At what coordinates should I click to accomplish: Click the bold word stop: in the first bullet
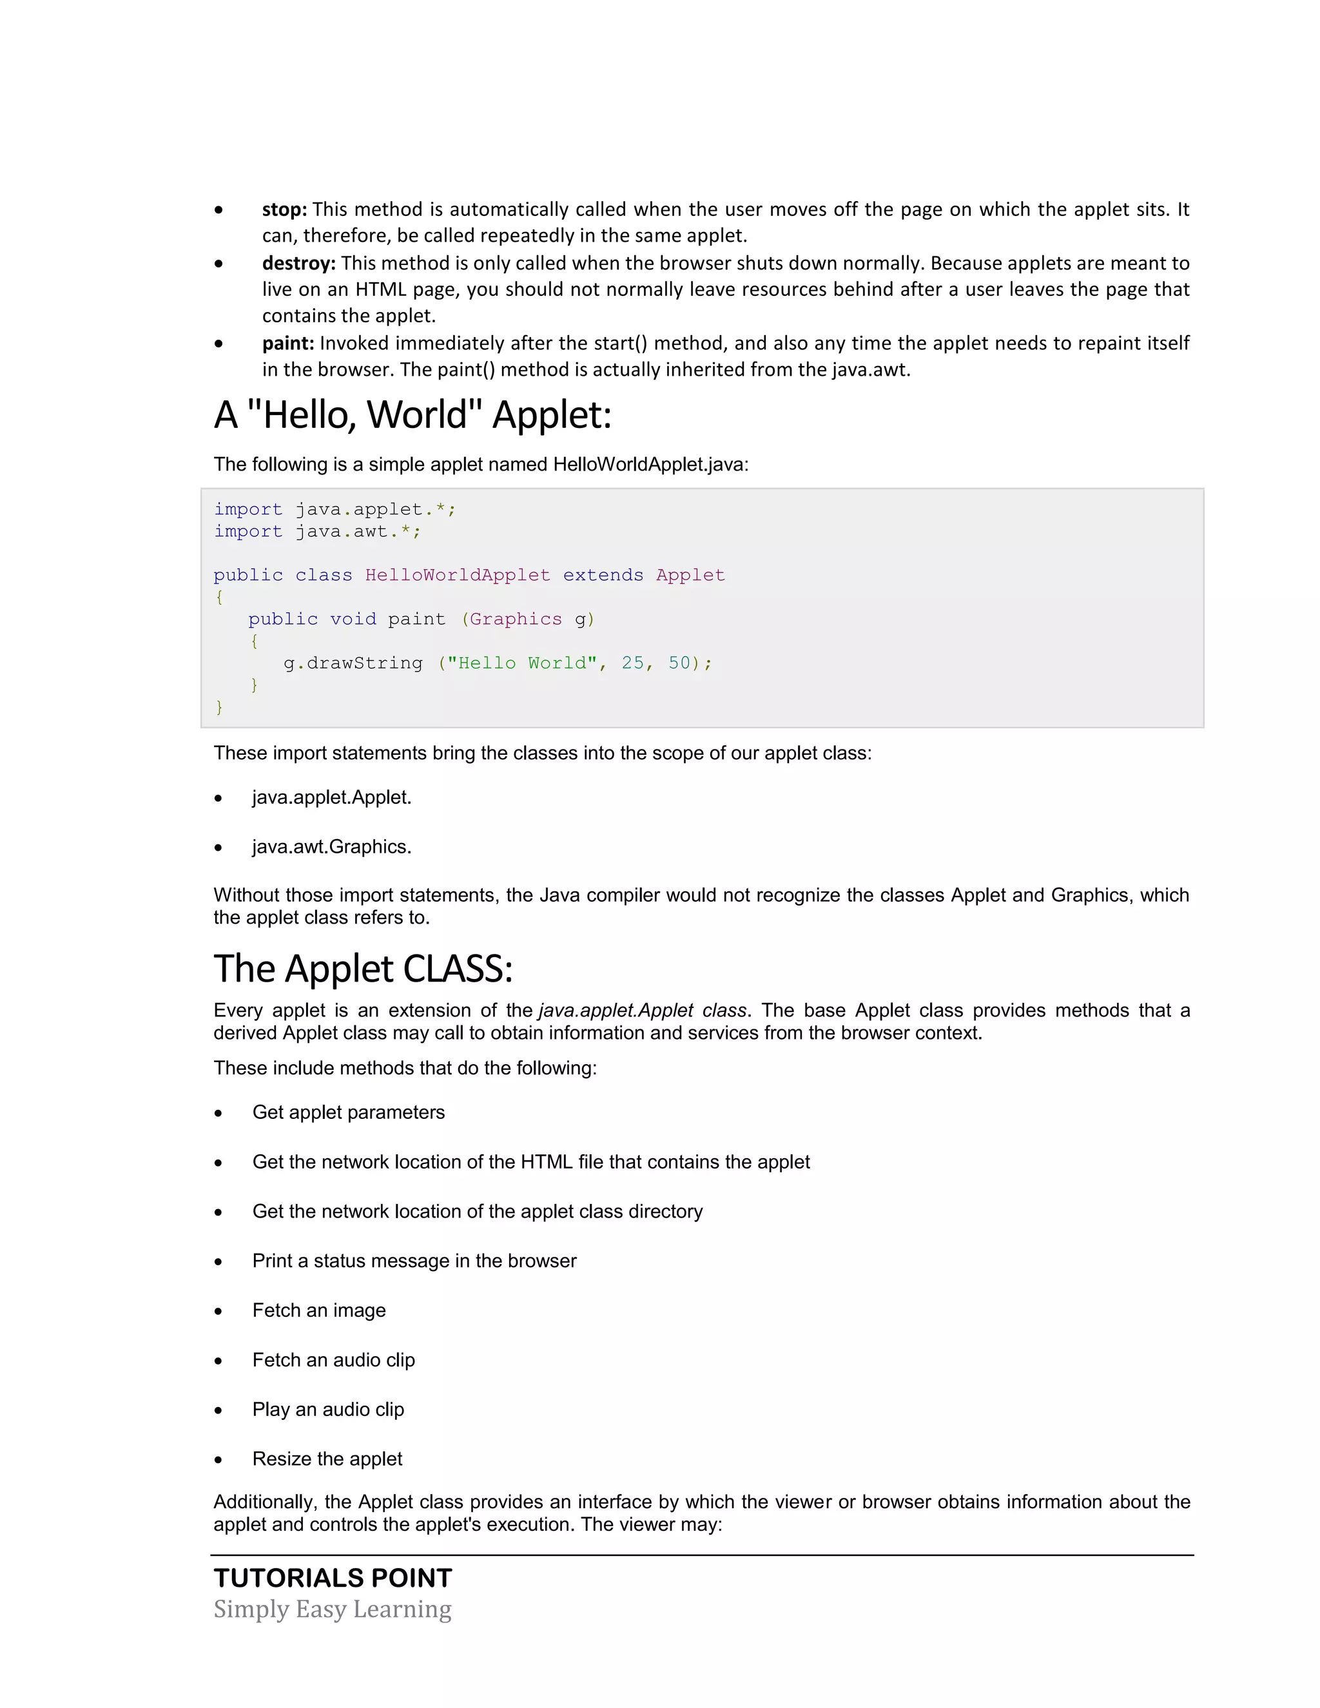(285, 209)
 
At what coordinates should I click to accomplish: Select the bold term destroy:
(298, 264)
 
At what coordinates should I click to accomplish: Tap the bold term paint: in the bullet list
(287, 344)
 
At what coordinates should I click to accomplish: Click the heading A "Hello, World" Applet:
(412, 414)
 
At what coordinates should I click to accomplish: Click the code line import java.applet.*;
(335, 510)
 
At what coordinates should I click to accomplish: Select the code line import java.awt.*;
(318, 532)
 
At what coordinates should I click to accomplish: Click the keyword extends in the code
(603, 576)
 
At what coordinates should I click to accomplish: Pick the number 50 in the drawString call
(679, 663)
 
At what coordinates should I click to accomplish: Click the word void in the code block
(353, 619)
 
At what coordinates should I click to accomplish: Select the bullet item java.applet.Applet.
(331, 798)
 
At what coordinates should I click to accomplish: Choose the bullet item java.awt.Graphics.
(331, 847)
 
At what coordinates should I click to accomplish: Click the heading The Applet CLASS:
(363, 968)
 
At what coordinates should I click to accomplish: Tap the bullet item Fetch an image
(319, 1311)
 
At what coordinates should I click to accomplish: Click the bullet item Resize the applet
(327, 1459)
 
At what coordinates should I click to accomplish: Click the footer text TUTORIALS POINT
(333, 1578)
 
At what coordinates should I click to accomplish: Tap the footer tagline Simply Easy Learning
(333, 1609)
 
